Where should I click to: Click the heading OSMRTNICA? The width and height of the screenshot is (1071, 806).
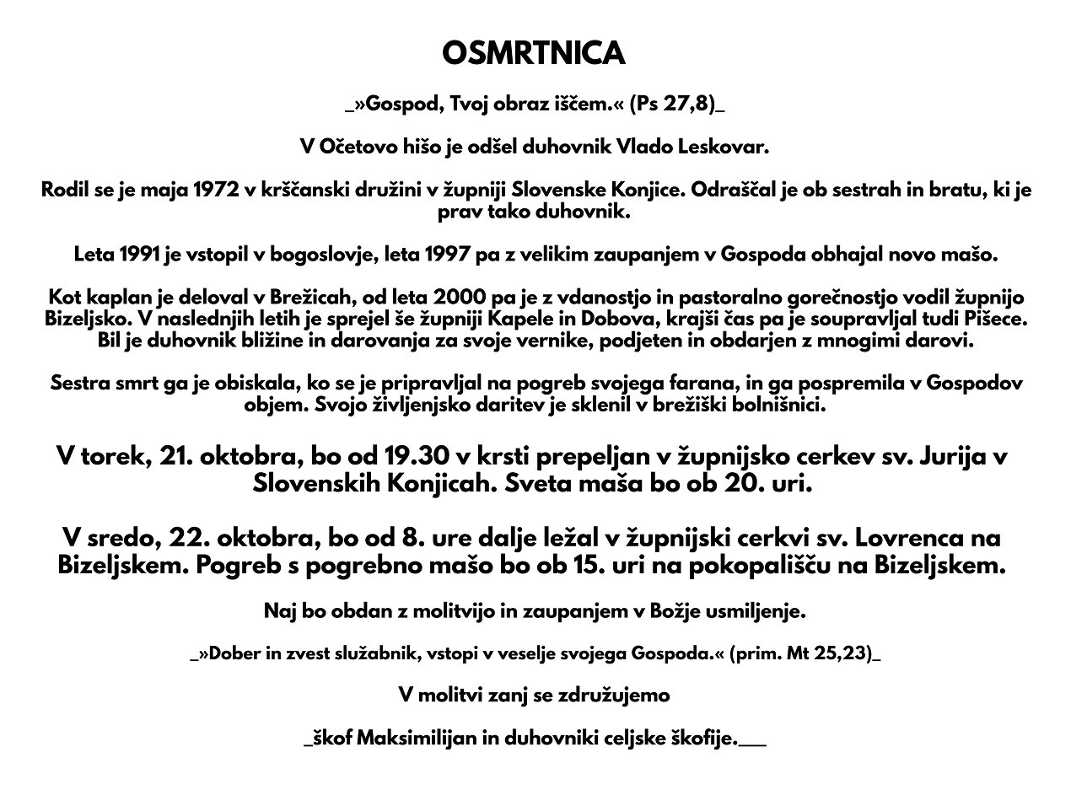pos(534,53)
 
